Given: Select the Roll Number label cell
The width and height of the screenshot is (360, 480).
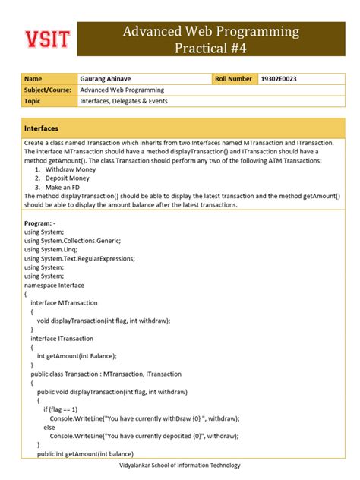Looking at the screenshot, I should [x=234, y=78].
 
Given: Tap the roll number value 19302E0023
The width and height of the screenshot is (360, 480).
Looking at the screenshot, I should [x=279, y=78].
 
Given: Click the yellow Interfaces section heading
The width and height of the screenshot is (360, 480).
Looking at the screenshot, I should [x=42, y=128].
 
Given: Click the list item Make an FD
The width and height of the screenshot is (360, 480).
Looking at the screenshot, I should [x=64, y=187].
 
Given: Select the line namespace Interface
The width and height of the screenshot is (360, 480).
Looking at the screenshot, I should [x=54, y=284].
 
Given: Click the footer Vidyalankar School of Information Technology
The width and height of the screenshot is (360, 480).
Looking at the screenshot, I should [x=180, y=466].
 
